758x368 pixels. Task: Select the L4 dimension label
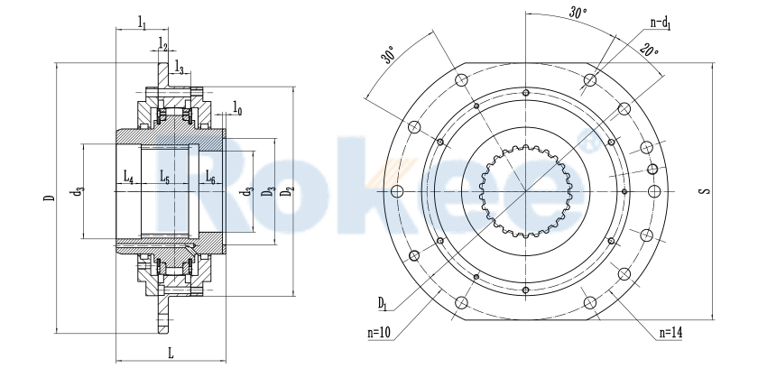[128, 178]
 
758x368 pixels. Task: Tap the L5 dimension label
[164, 178]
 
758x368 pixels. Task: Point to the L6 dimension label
[209, 178]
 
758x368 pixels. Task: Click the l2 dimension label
[163, 43]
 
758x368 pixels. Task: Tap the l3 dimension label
[180, 68]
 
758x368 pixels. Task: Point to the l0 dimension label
[236, 109]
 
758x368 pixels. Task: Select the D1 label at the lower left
[384, 300]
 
